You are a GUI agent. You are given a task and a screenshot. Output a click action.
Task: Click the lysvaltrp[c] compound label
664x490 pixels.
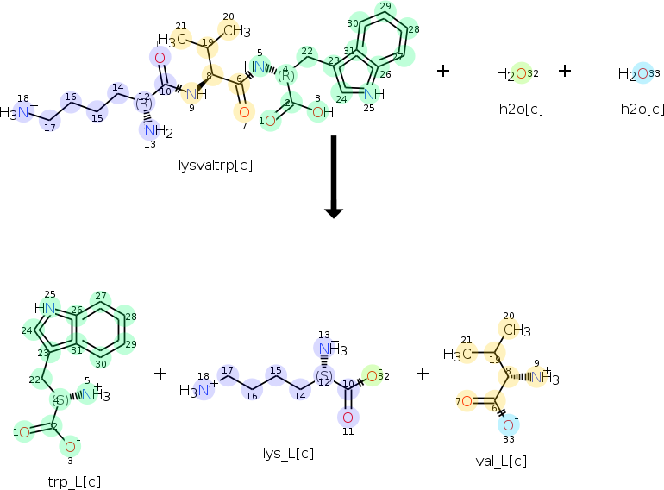point(215,163)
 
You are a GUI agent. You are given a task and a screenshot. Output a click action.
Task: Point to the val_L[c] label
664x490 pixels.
point(500,461)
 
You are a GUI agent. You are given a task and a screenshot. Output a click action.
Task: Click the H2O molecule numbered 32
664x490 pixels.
point(517,74)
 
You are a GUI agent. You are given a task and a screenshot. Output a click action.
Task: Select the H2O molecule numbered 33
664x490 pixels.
point(639,74)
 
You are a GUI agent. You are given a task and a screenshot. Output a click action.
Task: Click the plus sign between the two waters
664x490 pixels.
point(565,70)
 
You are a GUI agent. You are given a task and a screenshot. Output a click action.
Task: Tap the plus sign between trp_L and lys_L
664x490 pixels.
point(160,373)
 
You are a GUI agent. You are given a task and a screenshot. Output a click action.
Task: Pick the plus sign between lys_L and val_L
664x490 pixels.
point(423,373)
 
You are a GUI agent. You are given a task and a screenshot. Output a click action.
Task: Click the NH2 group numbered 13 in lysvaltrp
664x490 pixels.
point(157,131)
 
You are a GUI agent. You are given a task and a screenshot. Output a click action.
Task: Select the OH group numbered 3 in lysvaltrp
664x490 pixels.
point(322,111)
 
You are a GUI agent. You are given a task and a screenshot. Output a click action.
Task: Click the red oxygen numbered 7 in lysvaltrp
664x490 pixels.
point(243,111)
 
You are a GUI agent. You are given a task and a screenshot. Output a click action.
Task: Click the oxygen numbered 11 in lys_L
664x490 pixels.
point(348,418)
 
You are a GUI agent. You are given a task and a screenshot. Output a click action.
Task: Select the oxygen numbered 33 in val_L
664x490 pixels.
point(509,424)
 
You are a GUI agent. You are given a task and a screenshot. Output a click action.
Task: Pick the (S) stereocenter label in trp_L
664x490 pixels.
point(60,400)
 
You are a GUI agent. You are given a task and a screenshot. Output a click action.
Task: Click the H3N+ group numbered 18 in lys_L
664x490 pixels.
point(194,390)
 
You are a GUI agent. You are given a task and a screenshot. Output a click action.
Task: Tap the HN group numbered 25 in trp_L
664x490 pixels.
point(45,308)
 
